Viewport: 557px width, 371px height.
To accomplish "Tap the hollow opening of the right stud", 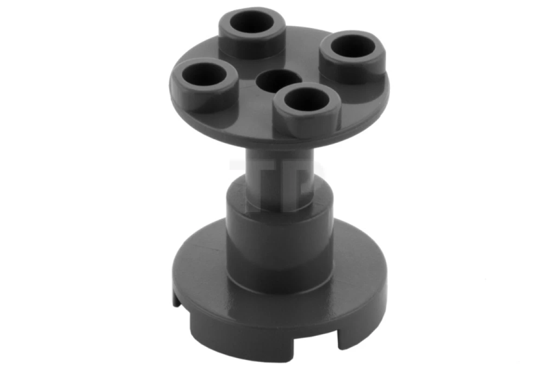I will pos(354,46).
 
